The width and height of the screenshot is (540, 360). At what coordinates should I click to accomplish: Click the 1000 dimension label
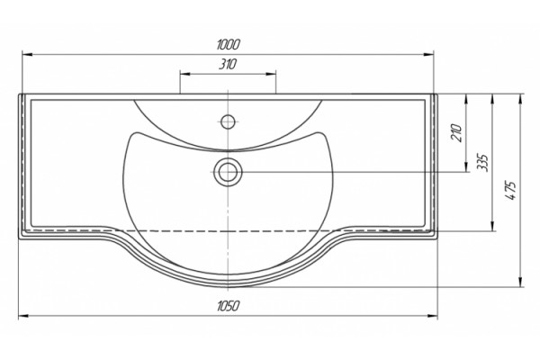pos(228,45)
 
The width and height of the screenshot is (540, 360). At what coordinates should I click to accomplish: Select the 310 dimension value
pos(228,64)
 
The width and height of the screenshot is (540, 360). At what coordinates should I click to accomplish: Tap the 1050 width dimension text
pos(228,306)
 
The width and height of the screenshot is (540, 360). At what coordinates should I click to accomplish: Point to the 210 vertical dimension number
pos(456,132)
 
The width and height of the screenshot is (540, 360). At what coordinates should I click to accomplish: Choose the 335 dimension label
pos(482,163)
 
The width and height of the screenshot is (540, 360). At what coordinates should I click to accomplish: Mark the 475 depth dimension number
pos(511,190)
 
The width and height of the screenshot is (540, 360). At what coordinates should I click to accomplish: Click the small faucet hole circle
pos(228,121)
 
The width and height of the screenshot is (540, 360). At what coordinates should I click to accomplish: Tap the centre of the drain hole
pos(228,172)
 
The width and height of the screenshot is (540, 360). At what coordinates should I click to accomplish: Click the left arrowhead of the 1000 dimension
pos(28,54)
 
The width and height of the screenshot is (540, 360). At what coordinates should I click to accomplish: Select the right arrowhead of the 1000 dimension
pos(428,54)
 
